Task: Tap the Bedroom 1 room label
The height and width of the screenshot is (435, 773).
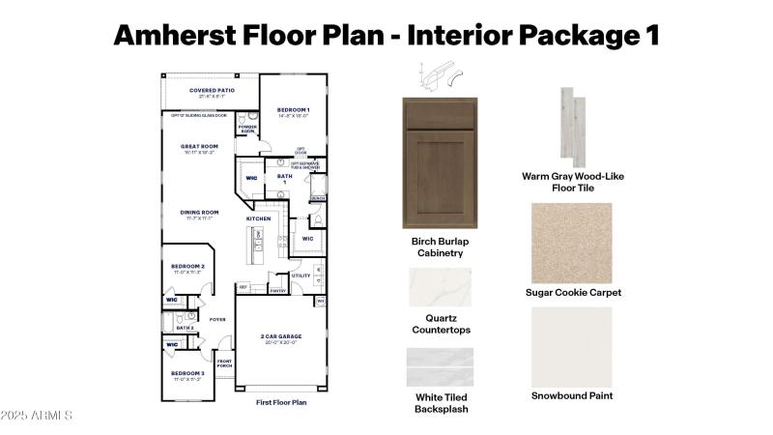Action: pyautogui.click(x=293, y=110)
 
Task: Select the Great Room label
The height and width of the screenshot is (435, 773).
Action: pyautogui.click(x=198, y=147)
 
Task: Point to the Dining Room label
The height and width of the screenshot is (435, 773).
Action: pyautogui.click(x=198, y=213)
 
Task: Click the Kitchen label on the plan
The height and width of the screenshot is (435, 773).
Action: pyautogui.click(x=258, y=218)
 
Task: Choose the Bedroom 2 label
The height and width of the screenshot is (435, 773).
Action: pyautogui.click(x=188, y=266)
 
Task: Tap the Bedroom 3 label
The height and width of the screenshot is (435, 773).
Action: pyautogui.click(x=188, y=373)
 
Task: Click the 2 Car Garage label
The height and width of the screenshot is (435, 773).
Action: pyautogui.click(x=281, y=337)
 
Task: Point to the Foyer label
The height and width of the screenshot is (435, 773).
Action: pyautogui.click(x=217, y=319)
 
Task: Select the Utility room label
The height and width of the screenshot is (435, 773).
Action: pyautogui.click(x=301, y=275)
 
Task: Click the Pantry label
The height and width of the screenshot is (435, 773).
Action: pyautogui.click(x=277, y=290)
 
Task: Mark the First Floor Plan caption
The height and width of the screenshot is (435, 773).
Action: pyautogui.click(x=281, y=401)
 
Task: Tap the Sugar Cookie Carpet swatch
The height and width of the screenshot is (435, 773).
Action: pyautogui.click(x=572, y=242)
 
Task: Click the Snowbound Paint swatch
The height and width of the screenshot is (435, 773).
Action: pyautogui.click(x=572, y=345)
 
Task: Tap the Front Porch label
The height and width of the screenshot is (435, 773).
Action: pyautogui.click(x=225, y=362)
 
